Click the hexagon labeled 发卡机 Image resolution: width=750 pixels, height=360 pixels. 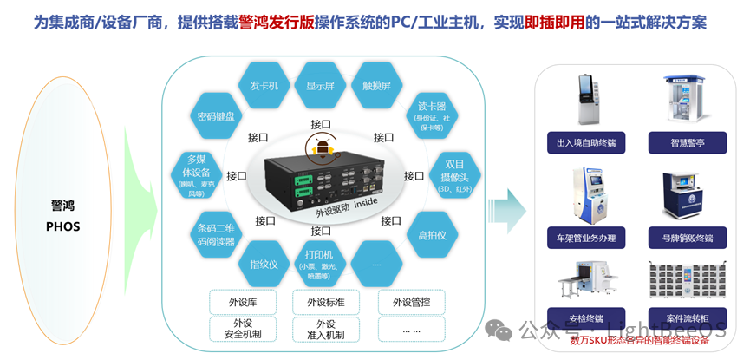point(264,86)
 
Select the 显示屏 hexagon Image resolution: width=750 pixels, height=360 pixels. point(320,86)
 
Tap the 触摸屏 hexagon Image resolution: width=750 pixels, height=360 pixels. point(376,86)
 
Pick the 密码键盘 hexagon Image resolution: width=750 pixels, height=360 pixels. point(215,115)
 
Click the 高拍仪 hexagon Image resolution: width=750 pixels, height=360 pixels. point(431,235)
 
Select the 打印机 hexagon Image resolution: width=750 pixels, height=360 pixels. point(320,263)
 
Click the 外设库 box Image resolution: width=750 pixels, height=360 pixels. point(242,302)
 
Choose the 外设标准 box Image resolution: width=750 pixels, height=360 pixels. point(320,302)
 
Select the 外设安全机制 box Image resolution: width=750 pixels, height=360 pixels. point(242,329)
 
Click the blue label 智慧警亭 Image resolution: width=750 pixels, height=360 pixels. point(686,142)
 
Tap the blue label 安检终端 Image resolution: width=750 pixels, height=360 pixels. point(586,318)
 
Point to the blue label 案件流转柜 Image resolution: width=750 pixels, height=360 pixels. point(686,318)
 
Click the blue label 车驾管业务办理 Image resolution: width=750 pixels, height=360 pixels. point(586,238)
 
